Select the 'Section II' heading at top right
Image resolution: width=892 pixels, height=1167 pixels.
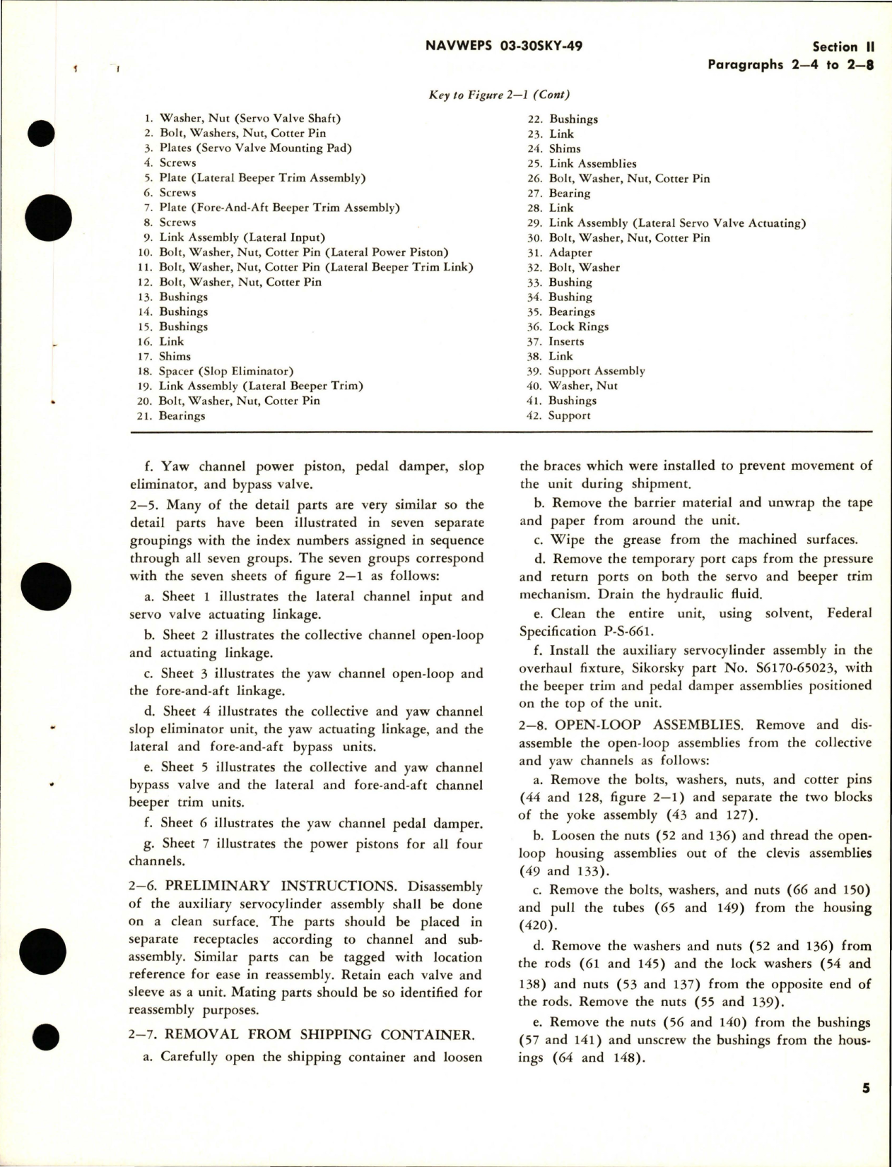point(843,47)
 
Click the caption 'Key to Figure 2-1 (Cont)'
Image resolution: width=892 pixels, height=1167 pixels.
point(499,95)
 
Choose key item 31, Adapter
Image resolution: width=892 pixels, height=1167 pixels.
point(570,252)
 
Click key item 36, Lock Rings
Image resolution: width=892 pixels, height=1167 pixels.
point(577,326)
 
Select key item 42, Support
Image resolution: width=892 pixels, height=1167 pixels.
point(568,415)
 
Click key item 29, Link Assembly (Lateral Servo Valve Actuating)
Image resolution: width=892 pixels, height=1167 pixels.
point(677,223)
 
